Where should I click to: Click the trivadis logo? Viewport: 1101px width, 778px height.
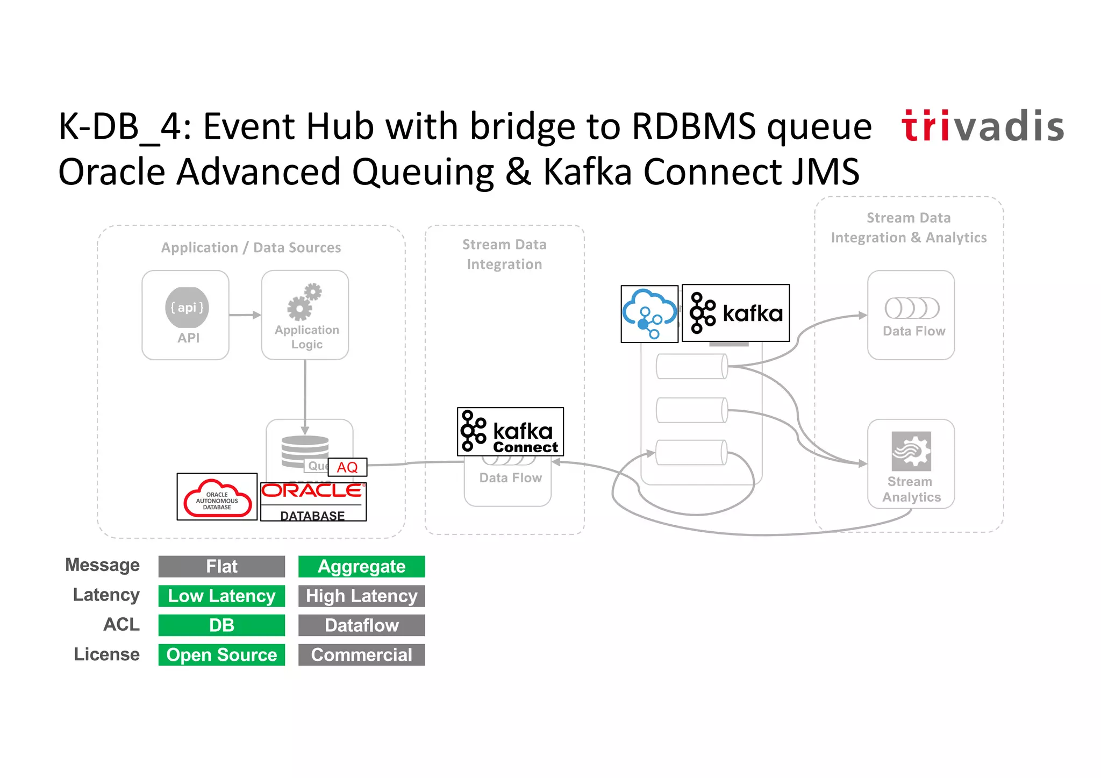tap(983, 126)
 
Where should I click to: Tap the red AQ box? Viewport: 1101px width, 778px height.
tap(347, 467)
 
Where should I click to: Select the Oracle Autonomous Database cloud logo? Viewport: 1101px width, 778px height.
tap(217, 497)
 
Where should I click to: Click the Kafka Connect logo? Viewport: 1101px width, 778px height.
tap(510, 432)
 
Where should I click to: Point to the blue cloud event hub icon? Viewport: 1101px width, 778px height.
tap(649, 314)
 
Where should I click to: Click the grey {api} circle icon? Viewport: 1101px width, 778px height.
tap(187, 308)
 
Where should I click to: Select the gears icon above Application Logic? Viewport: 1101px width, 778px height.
tap(304, 302)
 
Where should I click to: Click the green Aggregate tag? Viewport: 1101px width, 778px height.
tap(361, 567)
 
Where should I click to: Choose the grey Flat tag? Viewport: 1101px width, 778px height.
tap(221, 567)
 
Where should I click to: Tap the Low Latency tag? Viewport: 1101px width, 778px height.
tap(221, 596)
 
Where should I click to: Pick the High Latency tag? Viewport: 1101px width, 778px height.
tap(361, 596)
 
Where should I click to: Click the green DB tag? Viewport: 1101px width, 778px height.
tap(221, 625)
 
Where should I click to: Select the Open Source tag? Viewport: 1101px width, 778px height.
tap(221, 655)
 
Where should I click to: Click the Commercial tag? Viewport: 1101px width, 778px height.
tap(361, 655)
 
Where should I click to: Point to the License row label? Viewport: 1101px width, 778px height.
tap(106, 654)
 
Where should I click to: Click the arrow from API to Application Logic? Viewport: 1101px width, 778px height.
tap(245, 315)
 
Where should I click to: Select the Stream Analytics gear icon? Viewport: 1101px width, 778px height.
tap(911, 451)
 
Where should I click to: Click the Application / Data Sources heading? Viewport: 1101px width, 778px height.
tap(251, 248)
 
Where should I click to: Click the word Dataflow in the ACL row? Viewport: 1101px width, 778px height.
tap(361, 625)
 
